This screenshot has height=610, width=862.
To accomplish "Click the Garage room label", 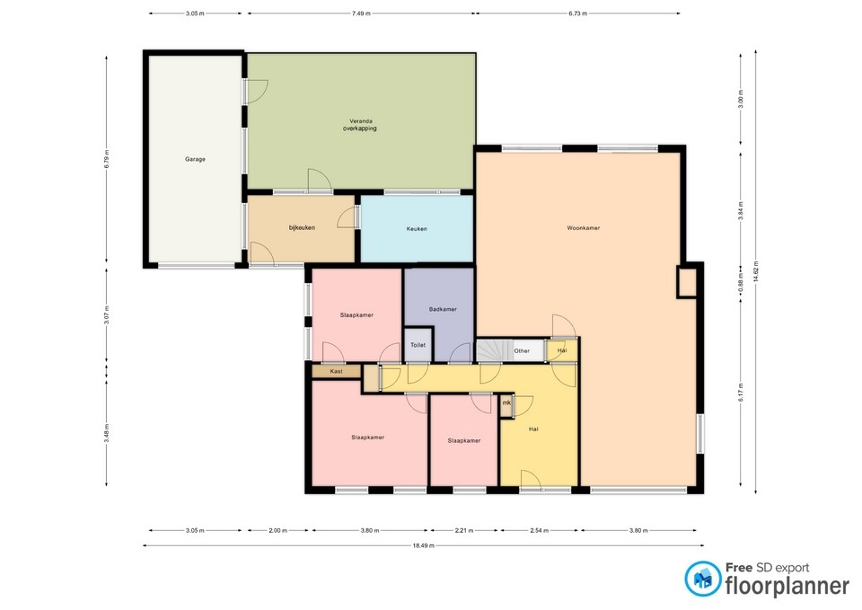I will click(x=195, y=159).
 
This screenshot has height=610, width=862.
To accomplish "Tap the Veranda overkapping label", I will click(x=361, y=125).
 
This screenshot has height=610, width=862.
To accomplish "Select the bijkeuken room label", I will click(x=302, y=228).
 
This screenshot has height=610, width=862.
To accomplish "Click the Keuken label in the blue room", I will click(x=417, y=229).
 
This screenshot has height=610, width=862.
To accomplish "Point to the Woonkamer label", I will click(x=584, y=228).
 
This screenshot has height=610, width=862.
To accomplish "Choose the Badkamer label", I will click(x=443, y=309).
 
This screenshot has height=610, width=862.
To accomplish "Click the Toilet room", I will click(x=418, y=345).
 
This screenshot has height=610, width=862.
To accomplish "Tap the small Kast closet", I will click(x=336, y=371).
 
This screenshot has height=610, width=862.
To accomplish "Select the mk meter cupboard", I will click(x=506, y=403).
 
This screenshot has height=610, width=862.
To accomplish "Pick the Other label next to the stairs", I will click(x=522, y=351).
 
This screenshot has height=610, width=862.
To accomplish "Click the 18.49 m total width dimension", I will click(x=424, y=545).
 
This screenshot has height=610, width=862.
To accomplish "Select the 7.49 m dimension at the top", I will click(x=361, y=14).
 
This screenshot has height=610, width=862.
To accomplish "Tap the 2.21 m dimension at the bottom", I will click(x=465, y=530).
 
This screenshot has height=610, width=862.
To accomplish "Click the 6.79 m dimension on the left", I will click(x=107, y=159).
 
